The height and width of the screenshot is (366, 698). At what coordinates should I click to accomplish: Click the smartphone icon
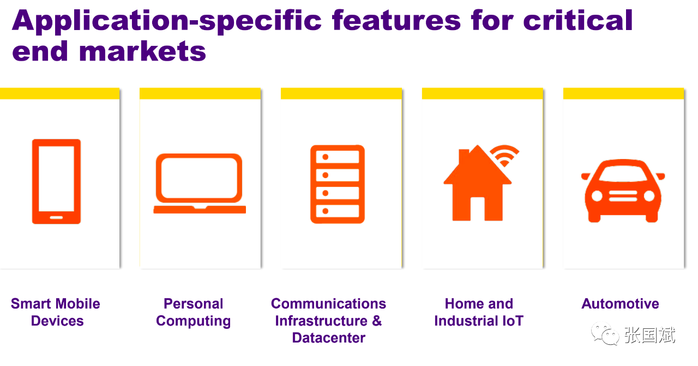pos(56,181)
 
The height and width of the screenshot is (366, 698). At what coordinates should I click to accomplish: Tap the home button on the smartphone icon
pos(56,217)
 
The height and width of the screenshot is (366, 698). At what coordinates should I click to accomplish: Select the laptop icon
pos(200,184)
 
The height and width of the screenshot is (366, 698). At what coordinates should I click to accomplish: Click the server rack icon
pos(338,184)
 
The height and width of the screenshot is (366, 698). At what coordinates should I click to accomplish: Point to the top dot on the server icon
pos(326,157)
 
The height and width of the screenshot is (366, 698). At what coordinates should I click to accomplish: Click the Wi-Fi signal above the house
pos(504,155)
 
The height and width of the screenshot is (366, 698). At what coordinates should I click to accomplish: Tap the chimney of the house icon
pos(464,156)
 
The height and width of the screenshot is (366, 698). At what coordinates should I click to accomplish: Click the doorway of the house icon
pos(477,209)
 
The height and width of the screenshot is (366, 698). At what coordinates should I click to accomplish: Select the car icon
pos(623,191)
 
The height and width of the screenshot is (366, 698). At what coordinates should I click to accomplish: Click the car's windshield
pos(623,173)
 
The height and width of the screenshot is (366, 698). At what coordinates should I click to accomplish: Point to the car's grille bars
pos(623,196)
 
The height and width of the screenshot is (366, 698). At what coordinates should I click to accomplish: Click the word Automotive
pos(620,304)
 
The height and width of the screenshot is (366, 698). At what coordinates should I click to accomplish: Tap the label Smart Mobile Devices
pos(56,312)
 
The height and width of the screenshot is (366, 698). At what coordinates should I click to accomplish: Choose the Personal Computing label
pos(193,312)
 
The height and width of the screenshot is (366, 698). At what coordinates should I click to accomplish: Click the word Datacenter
pos(328,338)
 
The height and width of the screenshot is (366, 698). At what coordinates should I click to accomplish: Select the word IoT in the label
pos(513,321)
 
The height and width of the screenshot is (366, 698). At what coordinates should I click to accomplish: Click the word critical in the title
pos(578,21)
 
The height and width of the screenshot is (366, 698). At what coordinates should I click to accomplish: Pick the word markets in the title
pos(142,51)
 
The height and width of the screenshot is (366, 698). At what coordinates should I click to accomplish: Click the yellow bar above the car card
pos(623,94)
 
